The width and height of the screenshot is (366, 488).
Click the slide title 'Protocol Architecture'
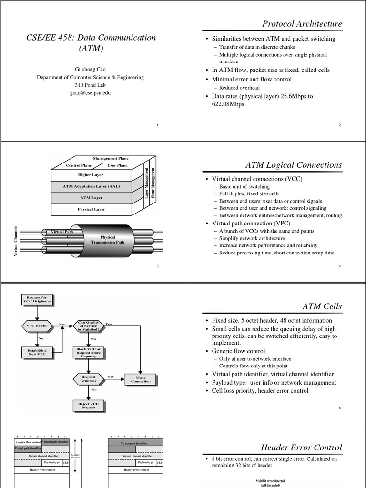coord(302,24)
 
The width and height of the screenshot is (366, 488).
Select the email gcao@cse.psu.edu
coord(90,93)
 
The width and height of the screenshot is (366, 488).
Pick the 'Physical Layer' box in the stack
coord(91,209)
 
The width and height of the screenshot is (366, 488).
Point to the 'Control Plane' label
coord(79,165)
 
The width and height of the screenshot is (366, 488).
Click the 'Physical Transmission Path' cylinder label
coord(107,240)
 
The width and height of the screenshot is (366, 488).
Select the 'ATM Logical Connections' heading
coord(294,165)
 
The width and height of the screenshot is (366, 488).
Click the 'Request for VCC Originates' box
coord(37,300)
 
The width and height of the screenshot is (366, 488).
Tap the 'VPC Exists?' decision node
coord(37,326)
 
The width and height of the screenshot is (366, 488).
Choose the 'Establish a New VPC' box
coord(37,353)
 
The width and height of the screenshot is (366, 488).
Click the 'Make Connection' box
coord(140,379)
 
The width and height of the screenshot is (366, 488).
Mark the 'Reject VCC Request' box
coord(88,406)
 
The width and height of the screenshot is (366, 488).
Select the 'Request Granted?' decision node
coord(88,379)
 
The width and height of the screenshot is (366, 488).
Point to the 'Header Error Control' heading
coord(301,447)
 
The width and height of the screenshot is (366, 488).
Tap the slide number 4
coord(339,266)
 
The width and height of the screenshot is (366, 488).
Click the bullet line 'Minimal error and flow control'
coord(252,79)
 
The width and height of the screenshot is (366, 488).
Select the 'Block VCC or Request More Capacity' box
coord(88,353)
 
